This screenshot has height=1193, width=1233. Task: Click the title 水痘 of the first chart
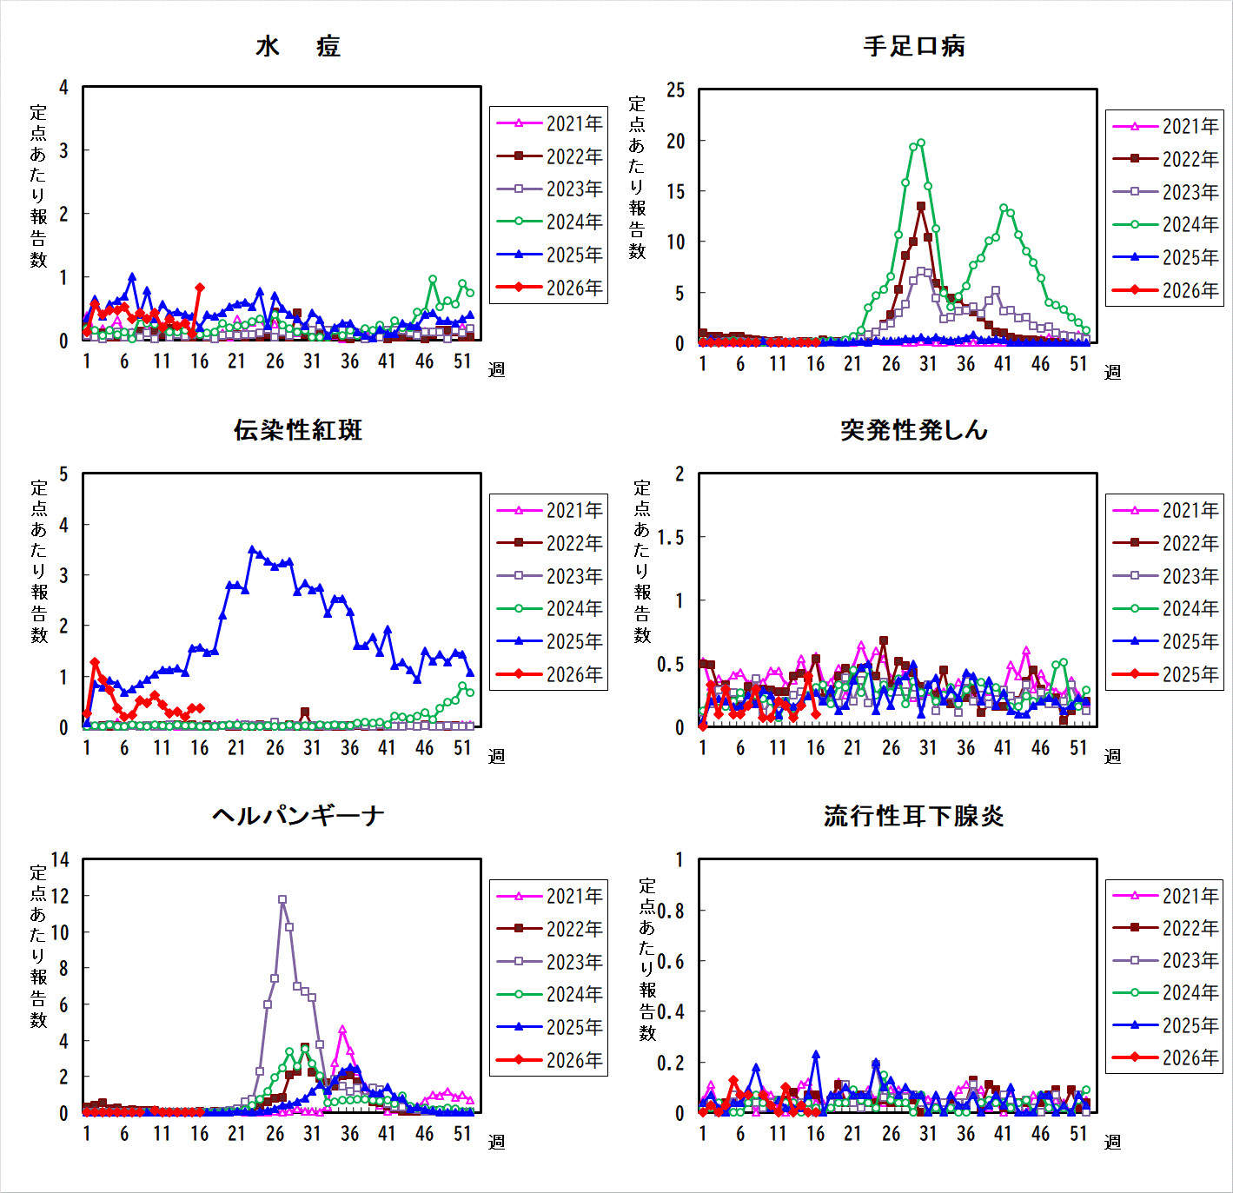pyautogui.click(x=298, y=46)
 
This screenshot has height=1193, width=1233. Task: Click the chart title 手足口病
pyautogui.click(x=914, y=46)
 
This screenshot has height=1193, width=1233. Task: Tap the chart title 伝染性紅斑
pyautogui.click(x=298, y=430)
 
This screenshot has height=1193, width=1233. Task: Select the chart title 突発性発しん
pyautogui.click(x=914, y=430)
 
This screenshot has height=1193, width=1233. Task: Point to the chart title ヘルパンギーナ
pyautogui.click(x=298, y=816)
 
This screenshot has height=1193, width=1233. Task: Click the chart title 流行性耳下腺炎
pyautogui.click(x=914, y=816)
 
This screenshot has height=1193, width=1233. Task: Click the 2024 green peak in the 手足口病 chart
pyautogui.click(x=920, y=143)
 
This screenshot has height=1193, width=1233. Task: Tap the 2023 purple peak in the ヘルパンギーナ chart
pyautogui.click(x=282, y=899)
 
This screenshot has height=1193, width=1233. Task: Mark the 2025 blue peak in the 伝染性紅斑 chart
pyautogui.click(x=252, y=549)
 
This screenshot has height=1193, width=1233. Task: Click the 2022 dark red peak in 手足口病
pyautogui.click(x=920, y=207)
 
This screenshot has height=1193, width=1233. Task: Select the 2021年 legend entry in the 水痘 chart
pyautogui.click(x=548, y=123)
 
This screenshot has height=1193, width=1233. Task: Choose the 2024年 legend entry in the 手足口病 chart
pyautogui.click(x=1164, y=224)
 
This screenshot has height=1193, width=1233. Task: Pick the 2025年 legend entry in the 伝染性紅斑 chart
pyautogui.click(x=548, y=641)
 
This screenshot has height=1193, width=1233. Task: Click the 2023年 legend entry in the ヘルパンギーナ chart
pyautogui.click(x=548, y=962)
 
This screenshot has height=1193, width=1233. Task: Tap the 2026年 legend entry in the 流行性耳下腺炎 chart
pyautogui.click(x=1164, y=1058)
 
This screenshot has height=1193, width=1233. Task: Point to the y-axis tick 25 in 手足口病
pyautogui.click(x=676, y=90)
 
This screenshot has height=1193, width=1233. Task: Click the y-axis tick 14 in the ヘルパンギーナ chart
pyautogui.click(x=60, y=860)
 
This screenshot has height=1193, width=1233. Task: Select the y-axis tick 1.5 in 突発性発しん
pyautogui.click(x=670, y=538)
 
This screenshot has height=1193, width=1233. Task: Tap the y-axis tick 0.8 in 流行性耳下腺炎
pyautogui.click(x=670, y=911)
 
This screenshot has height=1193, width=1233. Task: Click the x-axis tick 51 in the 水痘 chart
pyautogui.click(x=462, y=361)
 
